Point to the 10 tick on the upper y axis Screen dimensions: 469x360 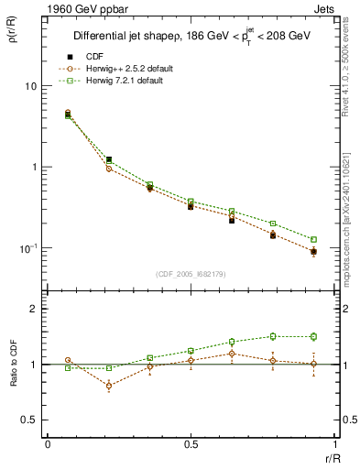(x=29, y=86)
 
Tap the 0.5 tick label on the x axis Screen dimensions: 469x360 (x=191, y=444)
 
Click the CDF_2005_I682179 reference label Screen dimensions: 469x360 (x=190, y=274)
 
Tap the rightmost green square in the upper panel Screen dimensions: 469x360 (x=313, y=239)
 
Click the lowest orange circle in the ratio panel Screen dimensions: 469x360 (x=109, y=386)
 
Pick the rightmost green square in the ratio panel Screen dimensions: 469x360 (x=313, y=336)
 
